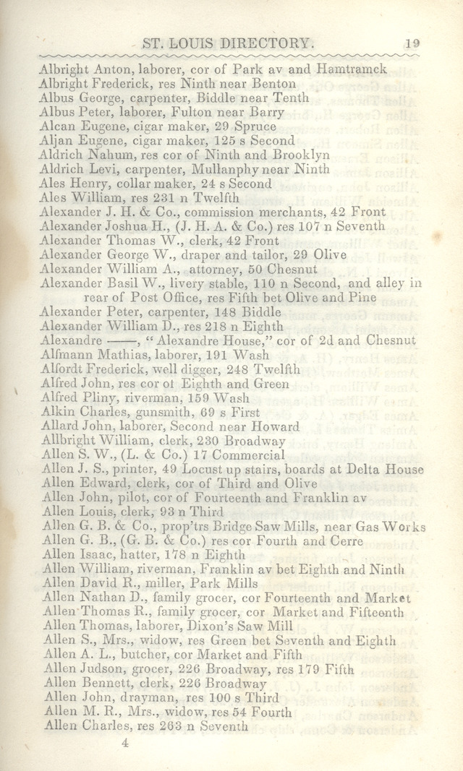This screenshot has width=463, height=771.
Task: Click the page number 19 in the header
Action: (x=412, y=43)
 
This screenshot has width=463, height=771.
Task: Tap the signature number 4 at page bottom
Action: (x=124, y=741)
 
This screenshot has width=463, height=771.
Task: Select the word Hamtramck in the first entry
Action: (x=351, y=69)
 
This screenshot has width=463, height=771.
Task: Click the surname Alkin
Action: (x=56, y=413)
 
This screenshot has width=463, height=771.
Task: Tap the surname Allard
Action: (x=58, y=427)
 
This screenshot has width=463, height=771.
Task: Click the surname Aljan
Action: (x=55, y=141)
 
